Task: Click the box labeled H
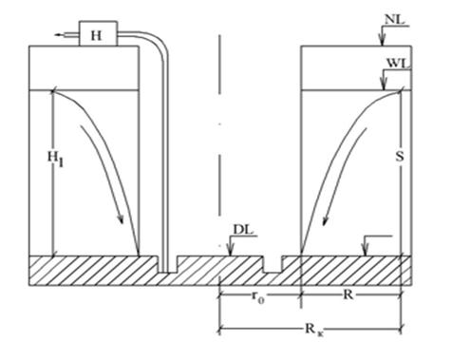coord(99,33)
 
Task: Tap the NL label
coord(394,20)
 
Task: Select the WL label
coord(398,63)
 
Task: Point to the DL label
coord(243,230)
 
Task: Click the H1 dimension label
coord(55,159)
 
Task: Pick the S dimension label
coord(400,157)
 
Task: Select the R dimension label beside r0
coord(348,294)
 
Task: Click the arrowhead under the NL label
coord(382,42)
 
